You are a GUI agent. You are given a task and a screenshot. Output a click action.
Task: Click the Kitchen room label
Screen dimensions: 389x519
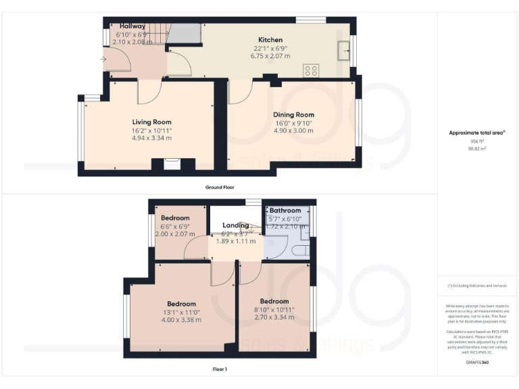[270, 40]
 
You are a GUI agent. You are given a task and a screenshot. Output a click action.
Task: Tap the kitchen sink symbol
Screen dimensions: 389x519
[345, 49]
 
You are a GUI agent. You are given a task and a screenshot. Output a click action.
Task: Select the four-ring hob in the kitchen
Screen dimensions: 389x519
[311, 70]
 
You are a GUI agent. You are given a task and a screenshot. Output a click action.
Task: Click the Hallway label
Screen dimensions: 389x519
[132, 26]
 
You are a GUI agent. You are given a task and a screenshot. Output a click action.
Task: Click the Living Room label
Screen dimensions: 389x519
[151, 122]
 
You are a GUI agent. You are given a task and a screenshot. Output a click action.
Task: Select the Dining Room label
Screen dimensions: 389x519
[293, 115]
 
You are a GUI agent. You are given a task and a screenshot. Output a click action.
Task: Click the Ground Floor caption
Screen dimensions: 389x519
[220, 186]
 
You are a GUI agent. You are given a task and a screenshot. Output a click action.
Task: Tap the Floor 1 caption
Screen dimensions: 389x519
[220, 369]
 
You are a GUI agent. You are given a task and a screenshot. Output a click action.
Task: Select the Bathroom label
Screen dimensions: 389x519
[285, 211]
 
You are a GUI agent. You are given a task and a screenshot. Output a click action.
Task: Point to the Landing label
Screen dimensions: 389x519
[236, 225]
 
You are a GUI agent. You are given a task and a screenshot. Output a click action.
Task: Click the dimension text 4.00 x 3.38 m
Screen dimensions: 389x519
[182, 320]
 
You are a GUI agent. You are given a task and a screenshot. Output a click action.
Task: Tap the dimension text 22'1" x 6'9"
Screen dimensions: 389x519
[270, 48]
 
